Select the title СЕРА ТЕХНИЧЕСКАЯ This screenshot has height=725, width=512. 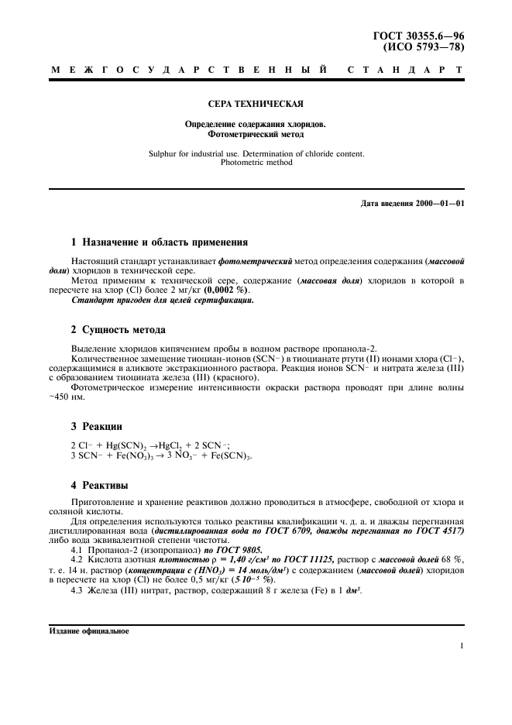tap(256, 103)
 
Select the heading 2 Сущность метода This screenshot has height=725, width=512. tap(118, 330)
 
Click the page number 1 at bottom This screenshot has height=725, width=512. tap(462, 645)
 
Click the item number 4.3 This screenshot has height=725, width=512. tap(77, 593)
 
